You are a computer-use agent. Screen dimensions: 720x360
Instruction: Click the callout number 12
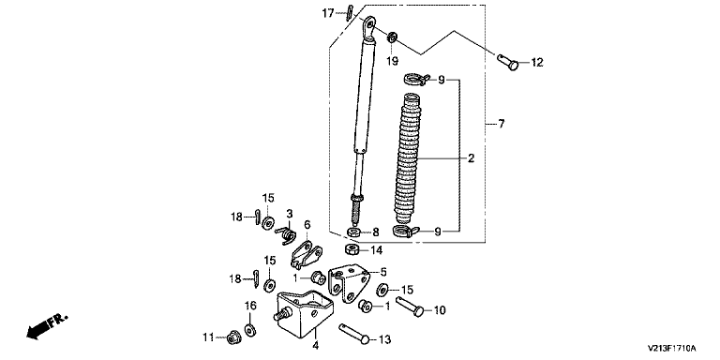(x=537, y=63)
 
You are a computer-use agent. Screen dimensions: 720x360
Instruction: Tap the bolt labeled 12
(x=508, y=62)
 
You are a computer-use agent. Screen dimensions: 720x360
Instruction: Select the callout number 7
(x=501, y=124)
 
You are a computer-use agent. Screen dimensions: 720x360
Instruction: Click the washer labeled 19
(x=392, y=37)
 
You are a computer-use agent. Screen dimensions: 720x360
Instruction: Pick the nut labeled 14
(x=352, y=250)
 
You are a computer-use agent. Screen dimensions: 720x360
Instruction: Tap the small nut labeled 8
(x=354, y=232)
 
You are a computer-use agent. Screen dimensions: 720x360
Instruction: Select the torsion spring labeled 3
(x=286, y=233)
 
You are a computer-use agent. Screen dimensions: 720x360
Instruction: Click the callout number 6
(x=307, y=225)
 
